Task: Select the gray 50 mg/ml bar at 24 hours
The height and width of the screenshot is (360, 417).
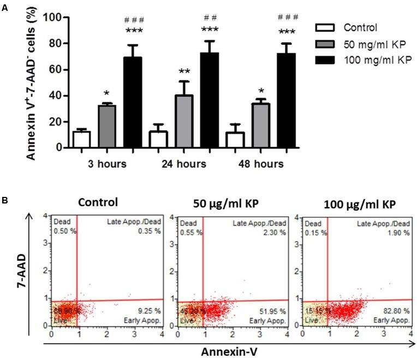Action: coord(187,122)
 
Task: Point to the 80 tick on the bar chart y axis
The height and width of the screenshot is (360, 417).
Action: coord(55,43)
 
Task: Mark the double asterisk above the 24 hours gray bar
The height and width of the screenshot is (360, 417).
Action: coord(187,73)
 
